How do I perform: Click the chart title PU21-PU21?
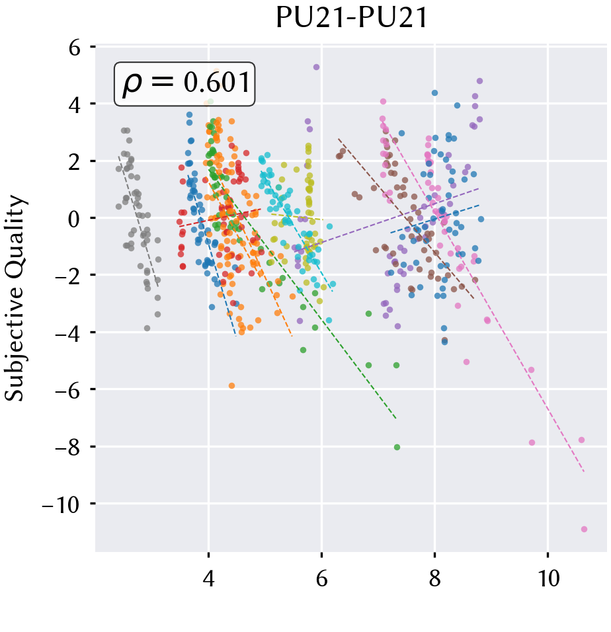click(x=351, y=18)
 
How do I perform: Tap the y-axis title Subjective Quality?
click(x=15, y=298)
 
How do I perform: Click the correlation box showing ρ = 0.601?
click(x=184, y=84)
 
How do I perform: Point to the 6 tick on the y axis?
click(x=75, y=48)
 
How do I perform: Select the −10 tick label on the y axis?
click(x=60, y=504)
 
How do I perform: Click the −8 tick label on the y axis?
click(x=67, y=447)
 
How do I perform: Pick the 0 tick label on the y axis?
click(x=74, y=219)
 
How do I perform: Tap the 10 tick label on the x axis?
click(x=548, y=578)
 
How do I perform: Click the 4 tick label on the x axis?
click(x=208, y=578)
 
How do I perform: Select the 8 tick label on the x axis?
click(x=434, y=578)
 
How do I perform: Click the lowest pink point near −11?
click(x=584, y=530)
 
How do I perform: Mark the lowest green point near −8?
click(x=397, y=447)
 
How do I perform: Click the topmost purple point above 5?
click(x=316, y=67)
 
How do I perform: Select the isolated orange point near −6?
click(x=231, y=385)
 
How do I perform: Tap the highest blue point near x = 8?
click(x=434, y=93)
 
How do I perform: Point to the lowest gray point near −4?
click(x=147, y=328)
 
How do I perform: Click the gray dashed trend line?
click(x=138, y=221)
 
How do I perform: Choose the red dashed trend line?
click(x=220, y=217)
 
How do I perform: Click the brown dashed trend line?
click(x=406, y=219)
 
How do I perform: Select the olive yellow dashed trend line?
click(x=297, y=217)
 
